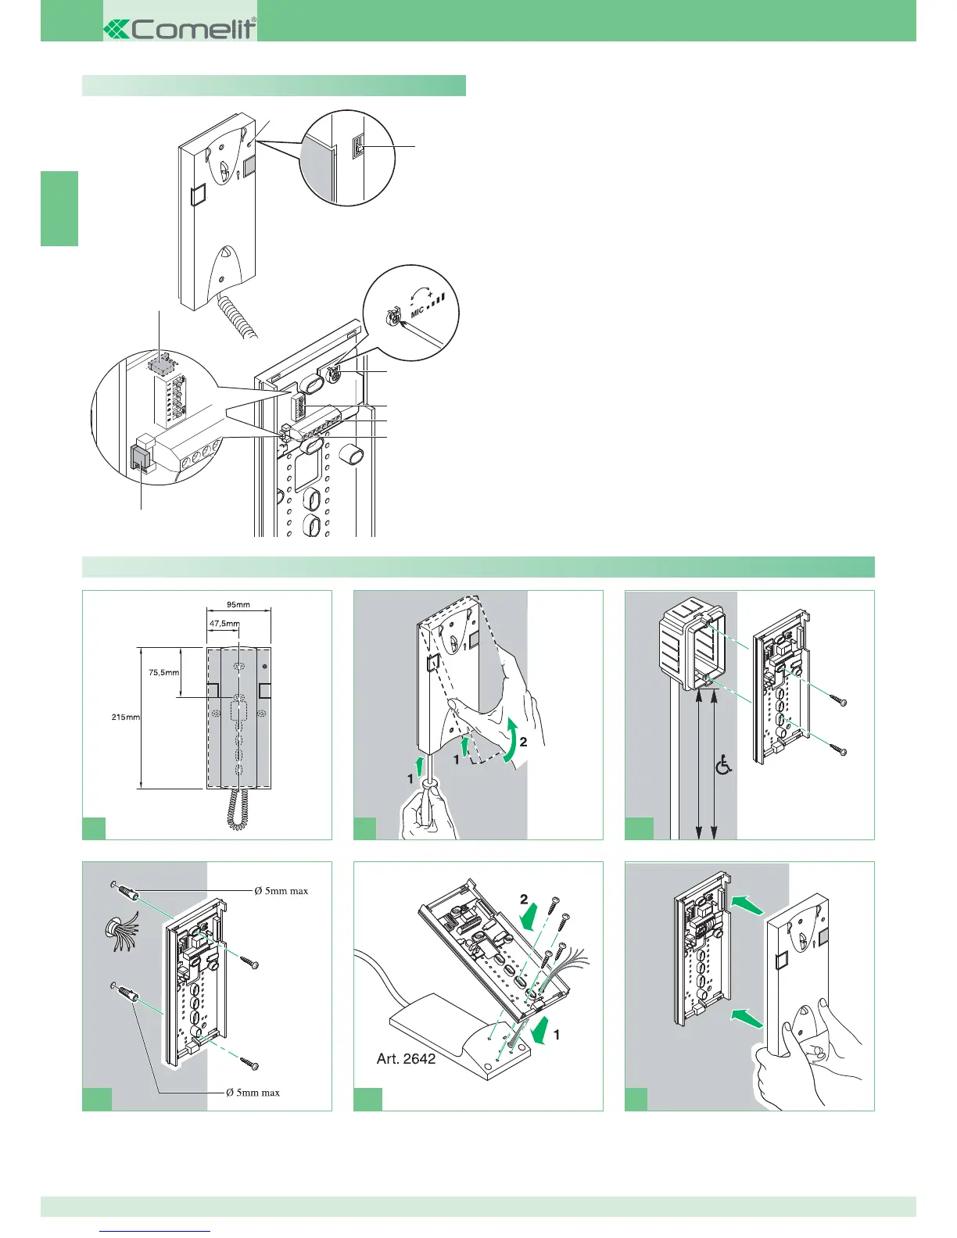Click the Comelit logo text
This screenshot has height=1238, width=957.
click(191, 30)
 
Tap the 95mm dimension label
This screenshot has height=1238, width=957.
click(238, 605)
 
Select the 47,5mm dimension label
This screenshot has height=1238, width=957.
click(224, 624)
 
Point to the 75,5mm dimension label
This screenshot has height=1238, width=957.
click(164, 672)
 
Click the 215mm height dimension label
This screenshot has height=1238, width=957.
click(125, 717)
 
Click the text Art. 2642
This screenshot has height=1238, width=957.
click(406, 1060)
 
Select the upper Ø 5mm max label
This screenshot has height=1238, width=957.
click(281, 890)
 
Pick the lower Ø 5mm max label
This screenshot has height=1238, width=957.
click(253, 1093)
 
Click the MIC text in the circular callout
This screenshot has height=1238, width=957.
click(418, 312)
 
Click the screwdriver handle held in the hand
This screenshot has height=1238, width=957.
click(428, 805)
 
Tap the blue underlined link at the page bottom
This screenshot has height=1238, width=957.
click(156, 1231)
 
